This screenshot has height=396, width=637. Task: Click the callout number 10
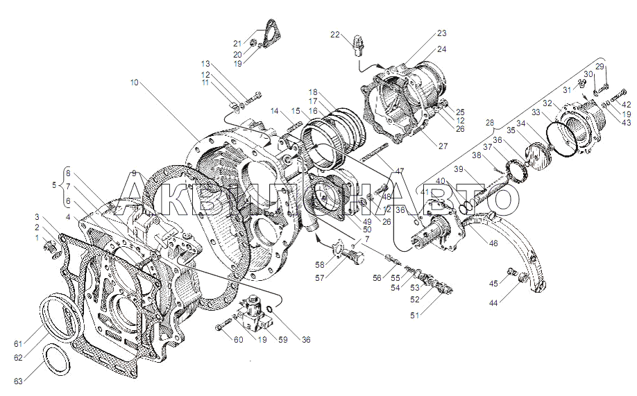click(x=134, y=83)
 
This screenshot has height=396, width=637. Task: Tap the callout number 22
click(x=335, y=35)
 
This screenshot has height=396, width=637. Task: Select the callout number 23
click(x=442, y=33)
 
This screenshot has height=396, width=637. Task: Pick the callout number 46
click(x=493, y=243)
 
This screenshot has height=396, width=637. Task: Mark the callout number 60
click(x=238, y=340)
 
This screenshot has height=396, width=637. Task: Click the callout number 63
click(x=18, y=381)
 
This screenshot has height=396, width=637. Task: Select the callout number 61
click(x=18, y=343)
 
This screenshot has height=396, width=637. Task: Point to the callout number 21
click(x=237, y=43)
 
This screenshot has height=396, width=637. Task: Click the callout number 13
click(x=205, y=63)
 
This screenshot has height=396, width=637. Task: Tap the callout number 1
click(x=37, y=238)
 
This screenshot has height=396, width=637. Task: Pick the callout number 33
click(x=536, y=112)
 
